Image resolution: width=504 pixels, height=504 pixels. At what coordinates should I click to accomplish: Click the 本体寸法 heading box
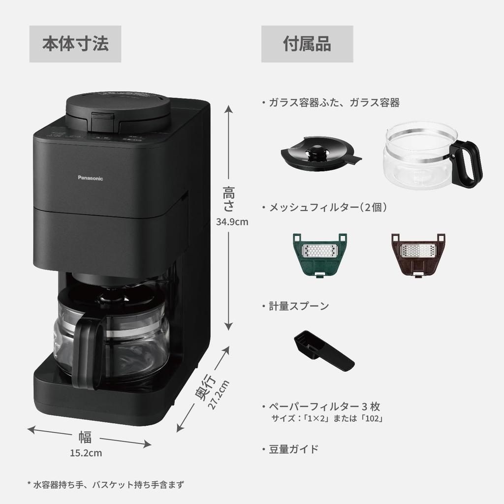pyautogui.click(x=75, y=44)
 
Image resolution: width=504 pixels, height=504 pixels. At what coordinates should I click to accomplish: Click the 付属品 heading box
pyautogui.click(x=307, y=44)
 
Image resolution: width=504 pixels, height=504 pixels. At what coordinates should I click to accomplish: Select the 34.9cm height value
pyautogui.click(x=232, y=221)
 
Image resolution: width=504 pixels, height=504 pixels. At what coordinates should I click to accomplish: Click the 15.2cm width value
pyautogui.click(x=86, y=453)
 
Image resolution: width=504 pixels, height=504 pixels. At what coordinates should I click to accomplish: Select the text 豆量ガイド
pyautogui.click(x=293, y=449)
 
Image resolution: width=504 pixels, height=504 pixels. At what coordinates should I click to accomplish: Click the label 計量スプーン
pyautogui.click(x=298, y=306)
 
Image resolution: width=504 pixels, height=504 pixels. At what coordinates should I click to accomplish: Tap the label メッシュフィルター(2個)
pyautogui.click(x=327, y=208)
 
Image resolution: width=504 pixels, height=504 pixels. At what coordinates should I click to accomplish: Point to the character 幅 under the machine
pyautogui.click(x=85, y=437)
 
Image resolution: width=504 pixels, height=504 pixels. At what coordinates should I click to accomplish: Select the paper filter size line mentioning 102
pyautogui.click(x=327, y=419)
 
